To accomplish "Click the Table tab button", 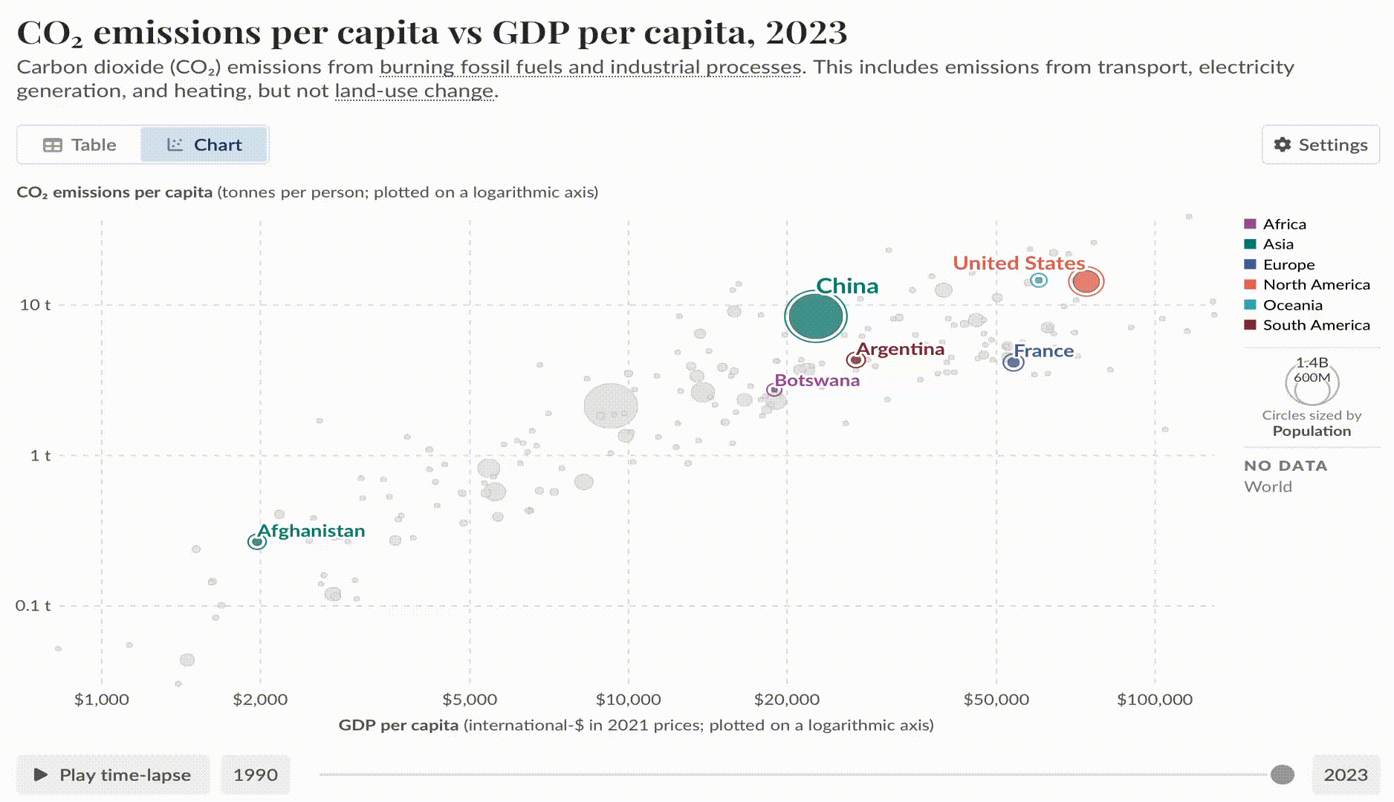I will click(x=80, y=145).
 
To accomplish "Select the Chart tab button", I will click(x=204, y=145).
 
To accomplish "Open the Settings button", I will click(x=1320, y=145).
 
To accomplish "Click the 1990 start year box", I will click(x=256, y=775).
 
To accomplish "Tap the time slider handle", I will click(x=1282, y=775).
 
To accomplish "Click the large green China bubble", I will click(x=816, y=317).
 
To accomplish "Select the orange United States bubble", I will click(x=1086, y=281).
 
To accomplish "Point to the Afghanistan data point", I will click(x=257, y=542).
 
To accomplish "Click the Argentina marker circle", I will click(x=856, y=360).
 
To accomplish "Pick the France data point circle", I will click(x=1014, y=362).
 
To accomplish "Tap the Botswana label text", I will click(x=817, y=380).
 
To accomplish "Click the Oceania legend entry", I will click(x=1292, y=305).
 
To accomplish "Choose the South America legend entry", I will click(x=1315, y=325).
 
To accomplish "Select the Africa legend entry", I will click(x=1283, y=224).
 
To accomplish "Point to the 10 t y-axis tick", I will click(x=35, y=304).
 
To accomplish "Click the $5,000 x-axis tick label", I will click(x=469, y=700).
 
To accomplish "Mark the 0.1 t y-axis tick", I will click(x=33, y=605).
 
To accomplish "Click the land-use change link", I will click(x=414, y=91).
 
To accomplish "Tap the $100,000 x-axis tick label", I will click(x=1154, y=700).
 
